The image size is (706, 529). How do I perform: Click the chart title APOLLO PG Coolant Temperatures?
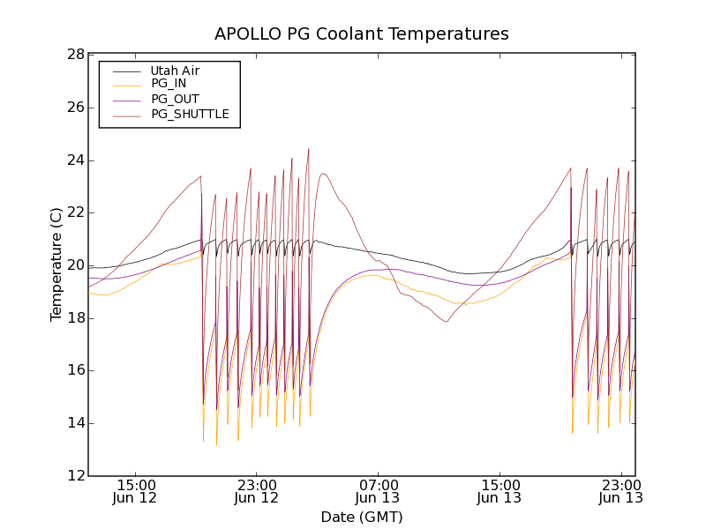(x=362, y=34)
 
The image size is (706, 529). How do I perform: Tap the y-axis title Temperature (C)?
(x=56, y=264)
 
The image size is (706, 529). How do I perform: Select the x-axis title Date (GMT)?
(x=362, y=517)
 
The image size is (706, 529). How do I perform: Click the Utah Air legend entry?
(x=175, y=71)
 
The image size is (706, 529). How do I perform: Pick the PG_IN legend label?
(x=169, y=84)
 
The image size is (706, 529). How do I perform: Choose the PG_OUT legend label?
(x=175, y=99)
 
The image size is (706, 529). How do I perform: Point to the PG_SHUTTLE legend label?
(x=190, y=114)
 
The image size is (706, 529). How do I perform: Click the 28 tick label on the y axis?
(x=75, y=55)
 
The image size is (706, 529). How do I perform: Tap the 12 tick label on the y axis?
(x=75, y=476)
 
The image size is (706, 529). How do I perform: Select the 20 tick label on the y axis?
(x=75, y=265)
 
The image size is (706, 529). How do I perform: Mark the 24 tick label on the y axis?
(x=75, y=160)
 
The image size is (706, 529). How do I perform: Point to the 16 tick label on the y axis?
(x=75, y=370)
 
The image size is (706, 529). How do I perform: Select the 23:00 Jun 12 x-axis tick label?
(x=257, y=491)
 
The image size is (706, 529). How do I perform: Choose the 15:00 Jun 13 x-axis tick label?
(x=499, y=491)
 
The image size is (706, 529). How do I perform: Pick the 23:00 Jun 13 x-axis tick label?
(x=620, y=491)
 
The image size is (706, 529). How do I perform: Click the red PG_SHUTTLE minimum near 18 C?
(x=447, y=322)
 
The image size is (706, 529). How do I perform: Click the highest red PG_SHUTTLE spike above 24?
(x=308, y=149)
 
